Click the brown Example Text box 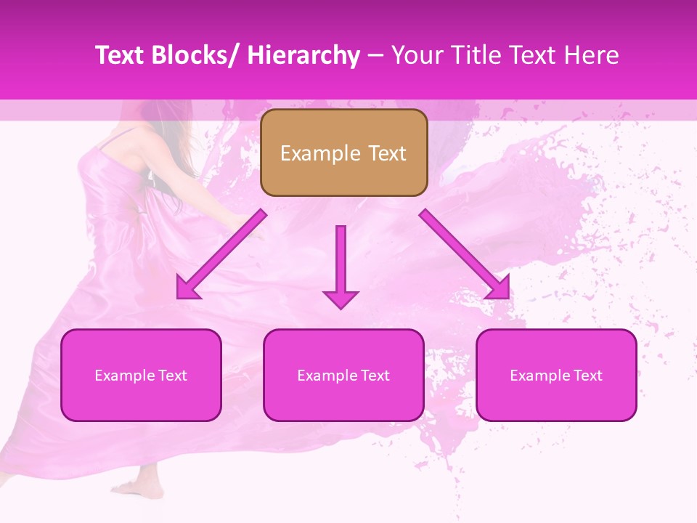click(343, 153)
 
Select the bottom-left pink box click(141, 375)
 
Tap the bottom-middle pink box click(343, 375)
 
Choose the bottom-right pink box click(556, 375)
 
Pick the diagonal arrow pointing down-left click(221, 255)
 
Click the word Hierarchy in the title click(303, 56)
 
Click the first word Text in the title click(120, 56)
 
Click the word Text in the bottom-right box click(587, 376)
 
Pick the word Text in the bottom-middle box click(374, 376)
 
